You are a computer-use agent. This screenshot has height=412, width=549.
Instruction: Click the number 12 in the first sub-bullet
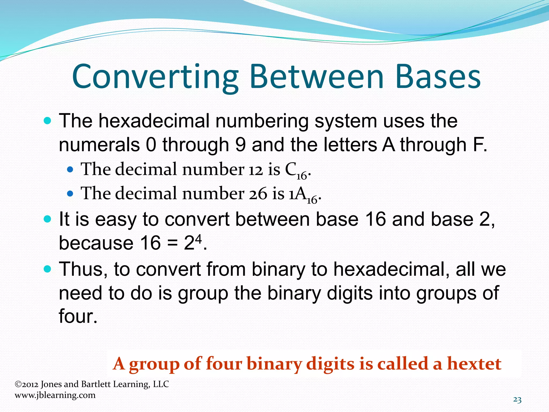coord(256,170)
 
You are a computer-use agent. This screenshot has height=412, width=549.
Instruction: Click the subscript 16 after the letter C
coord(302,176)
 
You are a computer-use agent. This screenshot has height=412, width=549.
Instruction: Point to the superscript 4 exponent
coord(198,237)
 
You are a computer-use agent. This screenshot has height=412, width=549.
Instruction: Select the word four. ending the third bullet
coord(78,316)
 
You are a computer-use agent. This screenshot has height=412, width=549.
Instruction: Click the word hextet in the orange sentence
coord(474,364)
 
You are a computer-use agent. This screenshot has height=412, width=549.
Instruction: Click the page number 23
coord(517,400)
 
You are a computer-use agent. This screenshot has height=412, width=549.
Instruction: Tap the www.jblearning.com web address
coord(55,395)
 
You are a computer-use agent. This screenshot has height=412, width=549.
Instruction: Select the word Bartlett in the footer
coord(96,384)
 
